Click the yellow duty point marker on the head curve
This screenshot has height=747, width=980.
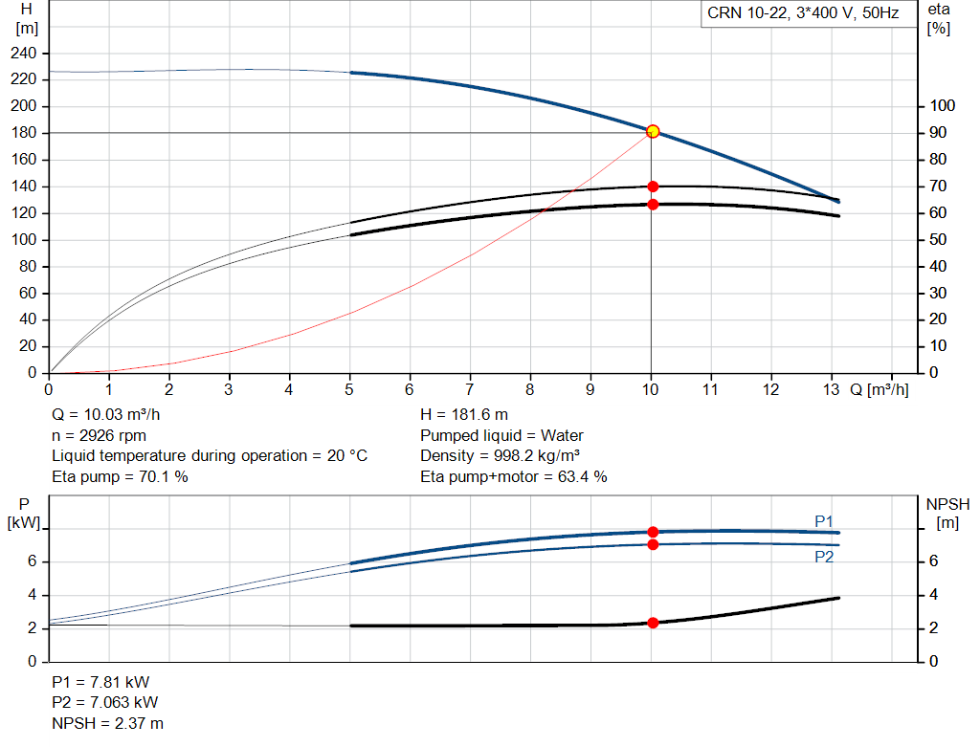tap(653, 131)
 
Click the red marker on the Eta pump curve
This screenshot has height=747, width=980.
tap(653, 187)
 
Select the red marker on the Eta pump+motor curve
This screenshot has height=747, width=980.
tap(653, 204)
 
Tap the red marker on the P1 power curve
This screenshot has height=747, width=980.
tap(653, 532)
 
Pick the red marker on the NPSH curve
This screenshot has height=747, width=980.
tap(653, 623)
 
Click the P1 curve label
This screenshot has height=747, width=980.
tap(824, 520)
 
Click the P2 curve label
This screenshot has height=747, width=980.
tap(824, 556)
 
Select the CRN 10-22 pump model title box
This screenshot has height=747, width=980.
tap(802, 14)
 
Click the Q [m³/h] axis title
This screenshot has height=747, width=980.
tap(879, 389)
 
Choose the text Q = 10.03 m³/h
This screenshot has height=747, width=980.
tap(105, 415)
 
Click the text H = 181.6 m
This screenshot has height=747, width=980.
tap(464, 415)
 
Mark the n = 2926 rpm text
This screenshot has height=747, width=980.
tap(99, 435)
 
